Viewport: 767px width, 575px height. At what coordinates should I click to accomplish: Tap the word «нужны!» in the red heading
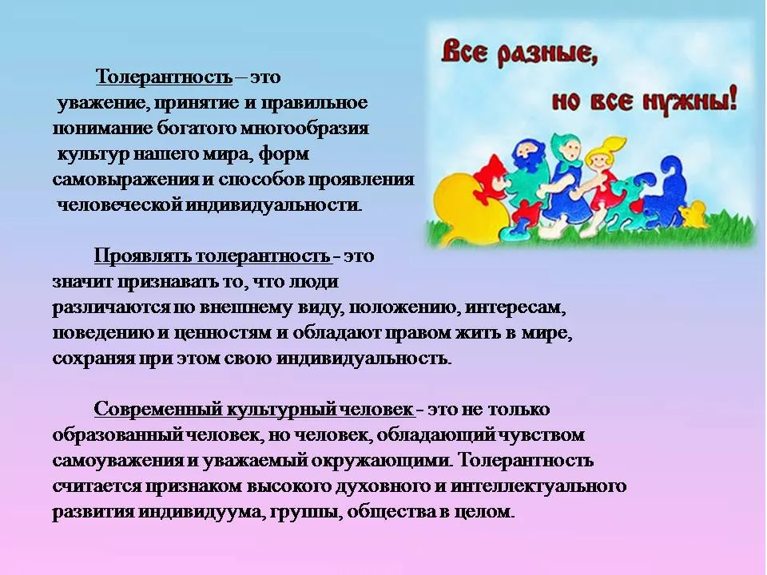(x=690, y=101)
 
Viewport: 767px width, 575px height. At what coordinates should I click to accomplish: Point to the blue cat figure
(x=666, y=191)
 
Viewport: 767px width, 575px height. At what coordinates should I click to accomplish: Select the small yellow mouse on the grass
(x=693, y=214)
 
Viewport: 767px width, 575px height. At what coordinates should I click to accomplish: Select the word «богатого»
(x=197, y=129)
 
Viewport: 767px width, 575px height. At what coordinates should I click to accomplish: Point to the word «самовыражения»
(x=126, y=180)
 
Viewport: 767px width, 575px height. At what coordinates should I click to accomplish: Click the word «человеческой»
(x=119, y=205)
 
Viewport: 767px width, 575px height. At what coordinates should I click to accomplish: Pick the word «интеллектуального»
(x=538, y=486)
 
